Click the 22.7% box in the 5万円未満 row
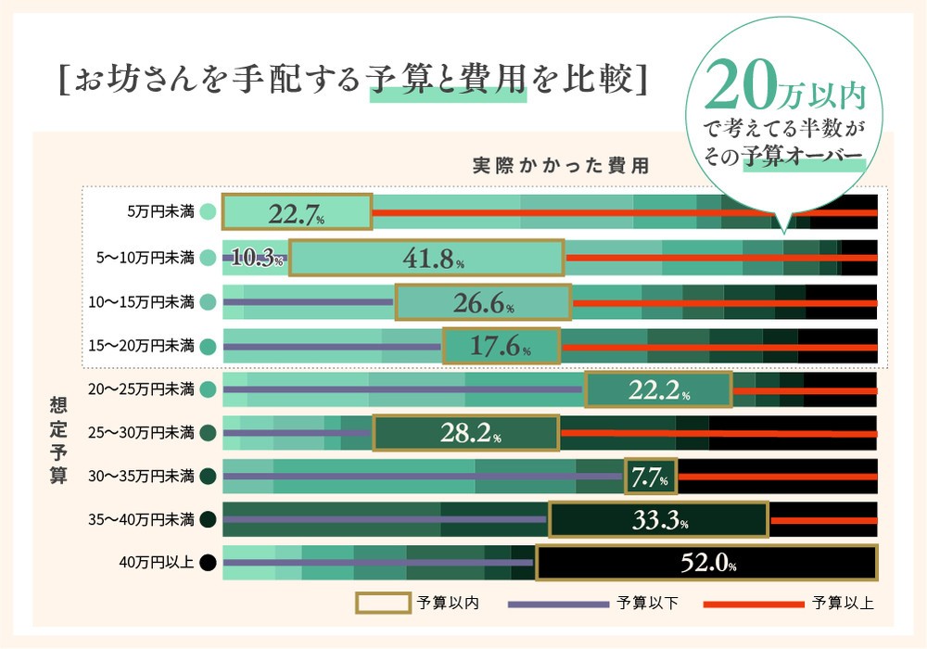pos(297,212)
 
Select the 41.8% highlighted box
pos(426,258)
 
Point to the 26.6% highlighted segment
pos(483,302)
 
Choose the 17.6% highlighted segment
pos(502,347)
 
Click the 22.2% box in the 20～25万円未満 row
pos(658,389)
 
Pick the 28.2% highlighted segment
pos(466,433)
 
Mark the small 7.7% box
pos(651,477)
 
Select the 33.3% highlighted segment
pos(658,520)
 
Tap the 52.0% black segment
pos(706,563)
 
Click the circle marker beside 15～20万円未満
pos(208,347)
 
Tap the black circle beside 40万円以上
pos(208,563)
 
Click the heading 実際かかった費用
pos(560,167)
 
